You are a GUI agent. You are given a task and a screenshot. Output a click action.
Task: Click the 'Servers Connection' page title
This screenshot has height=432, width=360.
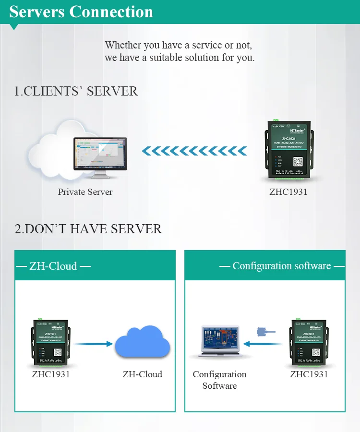(x=81, y=12)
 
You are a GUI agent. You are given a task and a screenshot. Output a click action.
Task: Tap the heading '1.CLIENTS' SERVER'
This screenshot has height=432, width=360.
(x=76, y=91)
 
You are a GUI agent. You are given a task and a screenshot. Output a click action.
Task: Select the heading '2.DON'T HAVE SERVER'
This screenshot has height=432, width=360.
(x=88, y=229)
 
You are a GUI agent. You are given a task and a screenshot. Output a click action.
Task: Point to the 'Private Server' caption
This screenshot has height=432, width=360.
(x=85, y=192)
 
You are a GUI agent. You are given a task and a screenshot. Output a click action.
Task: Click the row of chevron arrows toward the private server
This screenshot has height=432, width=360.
(x=194, y=152)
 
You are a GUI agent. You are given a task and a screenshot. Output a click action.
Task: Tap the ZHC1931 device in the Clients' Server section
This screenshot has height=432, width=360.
(x=288, y=151)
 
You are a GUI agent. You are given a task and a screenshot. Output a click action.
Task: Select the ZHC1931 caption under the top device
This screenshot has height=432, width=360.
(x=288, y=192)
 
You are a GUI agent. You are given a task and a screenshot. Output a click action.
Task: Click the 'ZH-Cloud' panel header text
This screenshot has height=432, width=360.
(x=53, y=266)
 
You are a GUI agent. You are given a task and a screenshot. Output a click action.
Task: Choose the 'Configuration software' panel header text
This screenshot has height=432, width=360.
(x=282, y=266)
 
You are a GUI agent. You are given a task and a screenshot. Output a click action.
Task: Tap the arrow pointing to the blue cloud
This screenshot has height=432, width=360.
(x=94, y=344)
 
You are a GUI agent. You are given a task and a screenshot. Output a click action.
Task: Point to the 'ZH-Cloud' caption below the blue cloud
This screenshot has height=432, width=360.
(x=143, y=374)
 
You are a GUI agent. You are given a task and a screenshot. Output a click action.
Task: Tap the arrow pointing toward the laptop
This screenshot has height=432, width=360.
(x=262, y=344)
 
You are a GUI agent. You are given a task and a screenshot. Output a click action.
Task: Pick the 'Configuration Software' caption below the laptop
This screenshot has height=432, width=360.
(x=219, y=380)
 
